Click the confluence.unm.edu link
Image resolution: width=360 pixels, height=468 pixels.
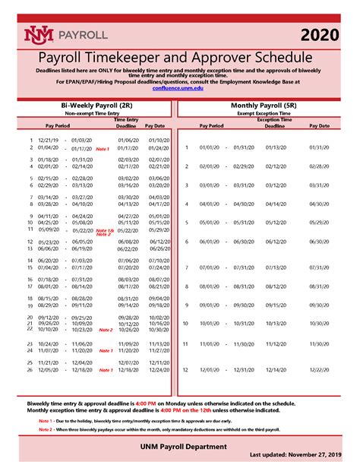[179, 88]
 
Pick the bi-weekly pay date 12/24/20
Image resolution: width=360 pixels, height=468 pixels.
[159, 370]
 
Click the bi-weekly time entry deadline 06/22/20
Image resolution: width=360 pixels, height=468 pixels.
[128, 248]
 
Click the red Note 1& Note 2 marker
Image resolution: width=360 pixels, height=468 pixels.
[105, 232]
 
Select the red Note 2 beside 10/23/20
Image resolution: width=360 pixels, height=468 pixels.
[105, 330]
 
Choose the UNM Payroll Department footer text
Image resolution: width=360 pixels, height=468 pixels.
[179, 447]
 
